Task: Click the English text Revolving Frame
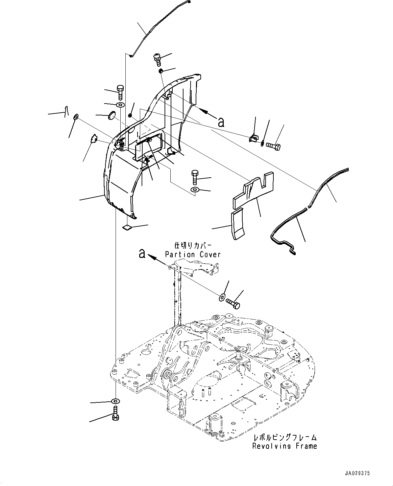click(x=285, y=446)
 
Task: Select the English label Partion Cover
click(x=193, y=254)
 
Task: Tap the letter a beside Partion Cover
click(x=142, y=253)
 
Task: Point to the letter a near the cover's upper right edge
click(x=221, y=122)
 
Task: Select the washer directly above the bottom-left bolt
click(x=115, y=401)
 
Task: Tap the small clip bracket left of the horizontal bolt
click(x=253, y=139)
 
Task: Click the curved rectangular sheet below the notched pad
click(x=238, y=224)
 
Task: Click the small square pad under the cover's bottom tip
click(x=126, y=227)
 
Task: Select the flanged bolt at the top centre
click(x=157, y=59)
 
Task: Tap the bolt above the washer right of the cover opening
click(x=195, y=177)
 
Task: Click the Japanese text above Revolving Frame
click(x=285, y=437)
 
